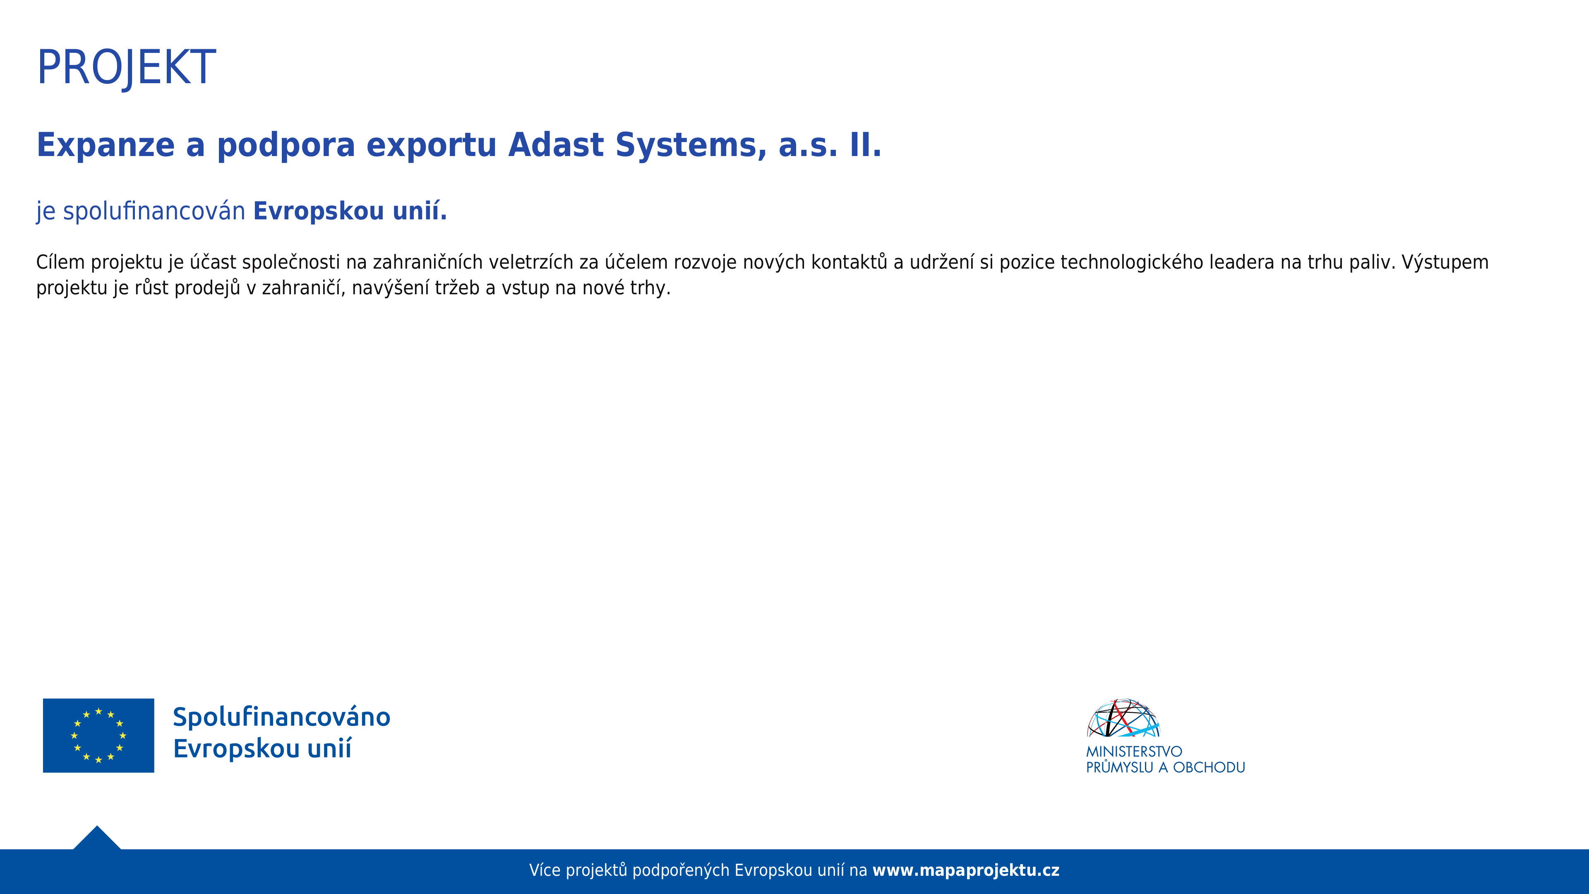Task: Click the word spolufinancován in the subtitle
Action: (x=154, y=211)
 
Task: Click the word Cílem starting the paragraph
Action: (x=60, y=262)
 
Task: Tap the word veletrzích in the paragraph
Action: (x=531, y=262)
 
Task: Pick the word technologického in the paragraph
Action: (x=1132, y=263)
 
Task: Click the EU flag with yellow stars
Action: (x=99, y=735)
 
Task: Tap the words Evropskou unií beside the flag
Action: (x=262, y=748)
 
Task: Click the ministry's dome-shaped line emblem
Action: (x=1123, y=718)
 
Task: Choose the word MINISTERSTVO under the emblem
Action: (x=1134, y=752)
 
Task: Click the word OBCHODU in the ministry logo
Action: (x=1209, y=767)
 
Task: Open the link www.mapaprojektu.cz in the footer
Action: (x=966, y=870)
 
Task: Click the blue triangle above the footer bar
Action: (x=97, y=840)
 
